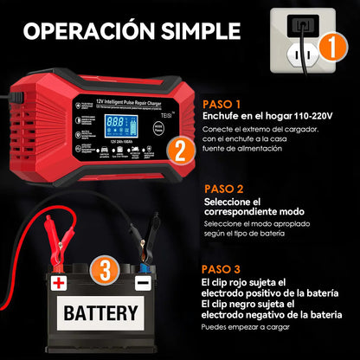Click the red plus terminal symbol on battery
tap(59, 283)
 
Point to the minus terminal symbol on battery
tap(142, 283)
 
